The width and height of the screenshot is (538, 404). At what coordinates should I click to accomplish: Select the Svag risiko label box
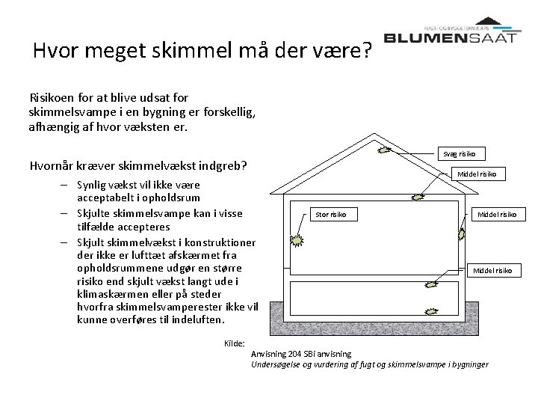click(461, 153)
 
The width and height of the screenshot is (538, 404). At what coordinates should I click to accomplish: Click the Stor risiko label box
click(333, 215)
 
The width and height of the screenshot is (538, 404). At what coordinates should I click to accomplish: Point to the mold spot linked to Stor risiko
click(297, 241)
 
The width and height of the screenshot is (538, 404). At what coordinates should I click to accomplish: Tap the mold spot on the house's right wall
click(461, 234)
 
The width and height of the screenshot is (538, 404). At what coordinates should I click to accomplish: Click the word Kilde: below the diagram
click(235, 343)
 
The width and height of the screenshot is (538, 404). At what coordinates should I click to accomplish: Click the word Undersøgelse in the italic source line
click(278, 364)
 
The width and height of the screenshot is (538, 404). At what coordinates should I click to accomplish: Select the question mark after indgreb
click(244, 165)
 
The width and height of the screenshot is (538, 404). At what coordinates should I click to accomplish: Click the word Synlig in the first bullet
click(91, 184)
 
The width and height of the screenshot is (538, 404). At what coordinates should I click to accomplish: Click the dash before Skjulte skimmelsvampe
click(66, 212)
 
